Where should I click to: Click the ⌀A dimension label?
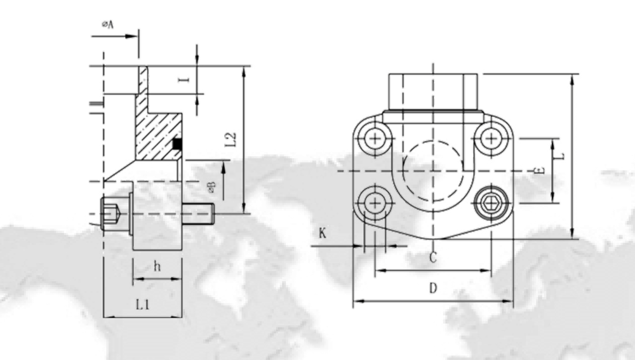[107, 25]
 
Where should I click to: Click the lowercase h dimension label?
[157, 267]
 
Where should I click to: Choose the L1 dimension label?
[143, 305]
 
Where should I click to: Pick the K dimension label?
[323, 233]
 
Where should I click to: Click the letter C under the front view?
[432, 258]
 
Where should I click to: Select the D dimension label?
[433, 289]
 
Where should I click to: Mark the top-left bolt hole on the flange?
[376, 138]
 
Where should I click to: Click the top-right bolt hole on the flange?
[490, 138]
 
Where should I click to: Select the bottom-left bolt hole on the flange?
[376, 203]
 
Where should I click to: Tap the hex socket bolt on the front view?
[490, 203]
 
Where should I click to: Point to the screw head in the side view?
[111, 213]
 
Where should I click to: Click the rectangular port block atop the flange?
[433, 93]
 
